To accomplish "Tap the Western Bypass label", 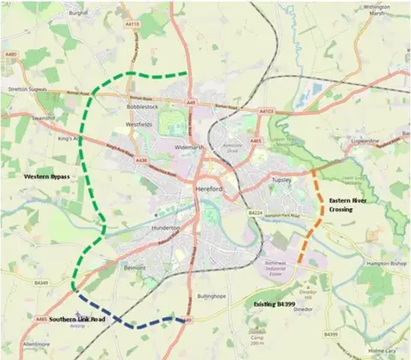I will tap(47, 176).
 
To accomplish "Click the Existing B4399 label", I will tap(278, 304).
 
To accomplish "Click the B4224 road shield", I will tap(254, 212).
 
